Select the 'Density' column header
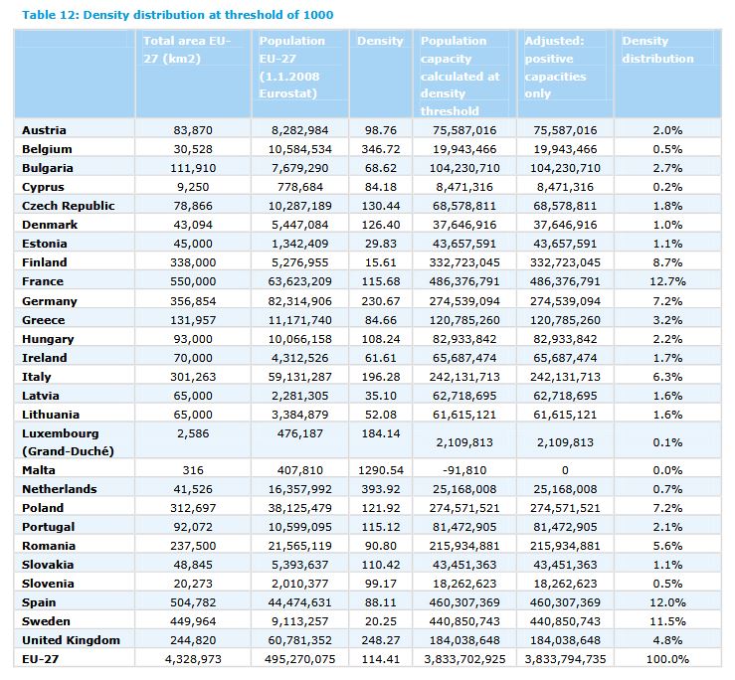click(x=380, y=41)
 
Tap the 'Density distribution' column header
click(x=657, y=50)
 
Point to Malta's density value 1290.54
click(x=379, y=470)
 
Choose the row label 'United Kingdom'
click(x=71, y=640)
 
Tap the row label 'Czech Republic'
click(x=68, y=206)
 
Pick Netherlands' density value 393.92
click(x=379, y=489)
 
